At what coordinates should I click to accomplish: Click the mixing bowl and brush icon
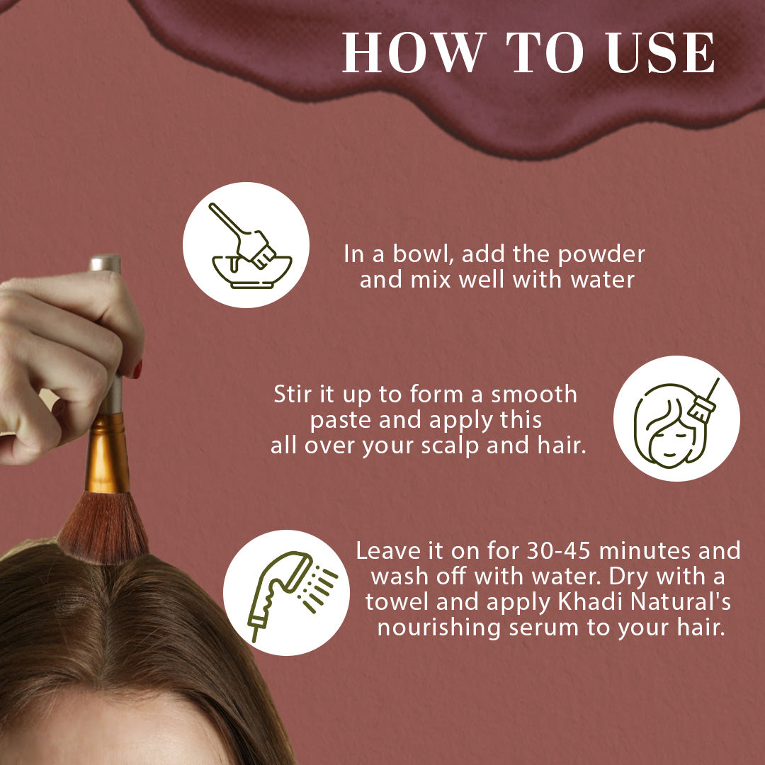point(246,244)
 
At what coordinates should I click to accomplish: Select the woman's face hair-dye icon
point(676,419)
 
